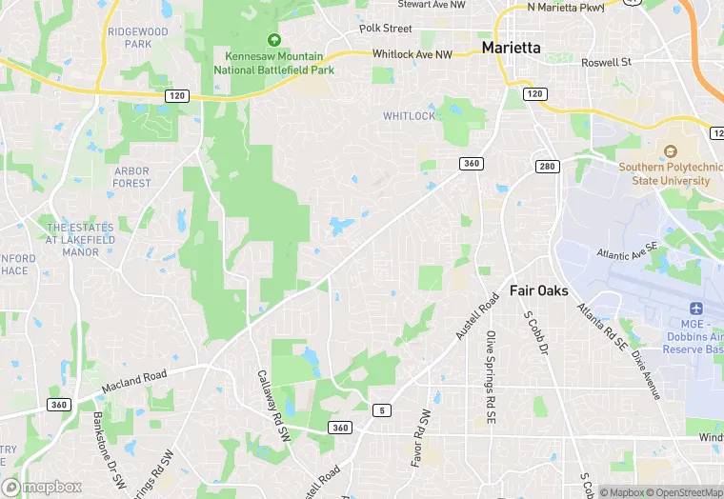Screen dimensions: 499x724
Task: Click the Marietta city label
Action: pyautogui.click(x=511, y=47)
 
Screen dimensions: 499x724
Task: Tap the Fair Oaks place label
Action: pyautogui.click(x=538, y=290)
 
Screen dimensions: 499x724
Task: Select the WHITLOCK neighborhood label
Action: pyautogui.click(x=409, y=116)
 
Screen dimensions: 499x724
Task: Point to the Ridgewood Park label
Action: pyautogui.click(x=137, y=37)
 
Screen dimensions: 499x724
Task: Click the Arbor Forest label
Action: pyautogui.click(x=131, y=176)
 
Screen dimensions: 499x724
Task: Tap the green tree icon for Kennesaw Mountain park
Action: pyautogui.click(x=274, y=40)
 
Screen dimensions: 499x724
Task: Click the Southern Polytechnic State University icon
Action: pyautogui.click(x=670, y=151)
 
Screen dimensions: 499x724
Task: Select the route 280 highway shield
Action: pyautogui.click(x=545, y=168)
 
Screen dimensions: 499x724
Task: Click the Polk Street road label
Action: pyautogui.click(x=385, y=29)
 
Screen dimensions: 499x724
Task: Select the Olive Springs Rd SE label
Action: pyautogui.click(x=490, y=377)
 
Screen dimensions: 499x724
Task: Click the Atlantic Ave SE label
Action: pyautogui.click(x=627, y=251)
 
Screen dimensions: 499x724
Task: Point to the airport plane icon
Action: pyautogui.click(x=694, y=309)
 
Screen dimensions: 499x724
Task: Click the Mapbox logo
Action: pyautogui.click(x=42, y=487)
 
